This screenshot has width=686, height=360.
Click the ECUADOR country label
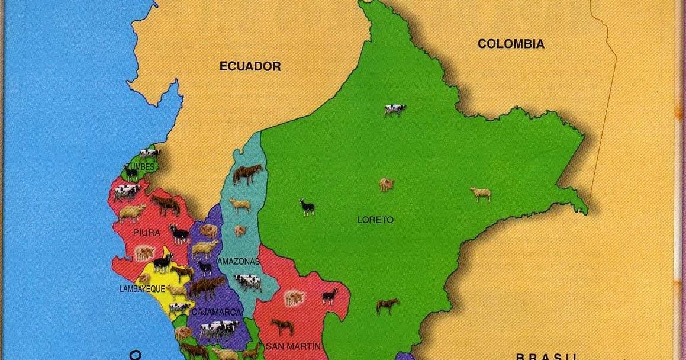(250, 66)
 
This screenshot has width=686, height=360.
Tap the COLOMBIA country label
(511, 44)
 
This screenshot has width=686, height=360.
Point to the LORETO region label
(375, 220)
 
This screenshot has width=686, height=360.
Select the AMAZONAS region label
(239, 261)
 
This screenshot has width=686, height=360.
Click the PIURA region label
(146, 233)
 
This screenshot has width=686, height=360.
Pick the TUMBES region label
(140, 167)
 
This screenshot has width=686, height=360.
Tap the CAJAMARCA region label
(216, 312)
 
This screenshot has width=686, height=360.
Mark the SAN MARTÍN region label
(293, 346)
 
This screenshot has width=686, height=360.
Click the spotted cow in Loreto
(395, 110)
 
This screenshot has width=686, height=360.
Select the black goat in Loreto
(307, 207)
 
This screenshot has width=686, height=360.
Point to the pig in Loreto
(387, 185)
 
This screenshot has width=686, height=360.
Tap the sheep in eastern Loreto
(481, 194)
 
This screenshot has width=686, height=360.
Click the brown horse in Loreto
(387, 306)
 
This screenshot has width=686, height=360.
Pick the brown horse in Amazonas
(247, 173)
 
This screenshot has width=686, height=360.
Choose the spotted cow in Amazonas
(247, 282)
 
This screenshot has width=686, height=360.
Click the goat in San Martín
(330, 295)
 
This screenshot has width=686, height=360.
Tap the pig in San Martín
(294, 297)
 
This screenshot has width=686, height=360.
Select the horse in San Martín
(282, 326)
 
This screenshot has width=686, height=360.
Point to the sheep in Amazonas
(240, 205)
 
